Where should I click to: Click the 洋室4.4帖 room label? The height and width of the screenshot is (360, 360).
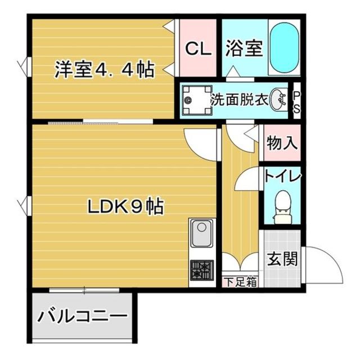[x=104, y=70]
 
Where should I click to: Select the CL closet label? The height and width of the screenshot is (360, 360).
[x=199, y=49]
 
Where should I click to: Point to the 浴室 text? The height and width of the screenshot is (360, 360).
[x=245, y=49]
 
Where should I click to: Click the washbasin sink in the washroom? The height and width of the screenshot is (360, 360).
[x=278, y=101]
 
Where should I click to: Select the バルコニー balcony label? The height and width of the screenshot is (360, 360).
[x=82, y=317]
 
